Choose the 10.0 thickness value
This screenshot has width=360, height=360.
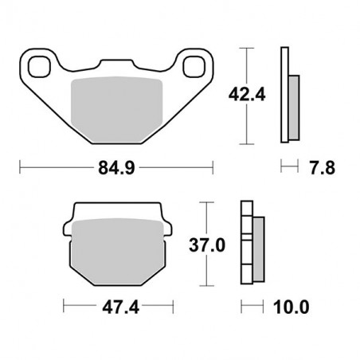coord(290,306)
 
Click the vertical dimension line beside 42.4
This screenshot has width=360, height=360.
coord(249,95)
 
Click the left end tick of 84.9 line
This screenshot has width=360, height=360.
coord(20,168)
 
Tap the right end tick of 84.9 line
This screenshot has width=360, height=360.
coord(213,168)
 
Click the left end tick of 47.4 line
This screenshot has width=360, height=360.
coord(64,306)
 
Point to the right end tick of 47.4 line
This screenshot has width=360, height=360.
coord(172,306)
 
